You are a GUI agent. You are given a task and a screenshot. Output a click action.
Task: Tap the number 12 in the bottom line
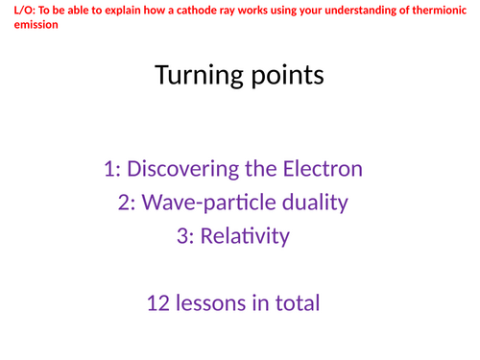point(158,303)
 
